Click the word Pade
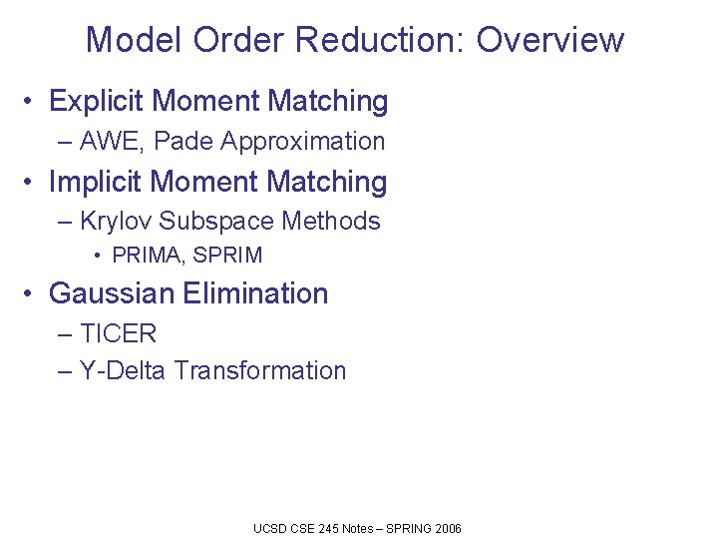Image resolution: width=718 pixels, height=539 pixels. pyautogui.click(x=182, y=142)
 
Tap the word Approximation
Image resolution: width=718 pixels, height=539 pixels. pyautogui.click(x=303, y=142)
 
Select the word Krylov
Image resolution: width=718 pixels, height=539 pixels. pyautogui.click(x=116, y=221)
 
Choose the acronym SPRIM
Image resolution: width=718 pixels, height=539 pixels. pyautogui.click(x=228, y=256)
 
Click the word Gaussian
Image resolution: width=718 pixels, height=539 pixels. pyautogui.click(x=112, y=293)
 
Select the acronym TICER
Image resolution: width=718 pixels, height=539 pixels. pyautogui.click(x=118, y=333)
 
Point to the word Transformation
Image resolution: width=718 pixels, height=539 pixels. pyautogui.click(x=260, y=371)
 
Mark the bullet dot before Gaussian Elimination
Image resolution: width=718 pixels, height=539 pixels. pyautogui.click(x=32, y=293)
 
